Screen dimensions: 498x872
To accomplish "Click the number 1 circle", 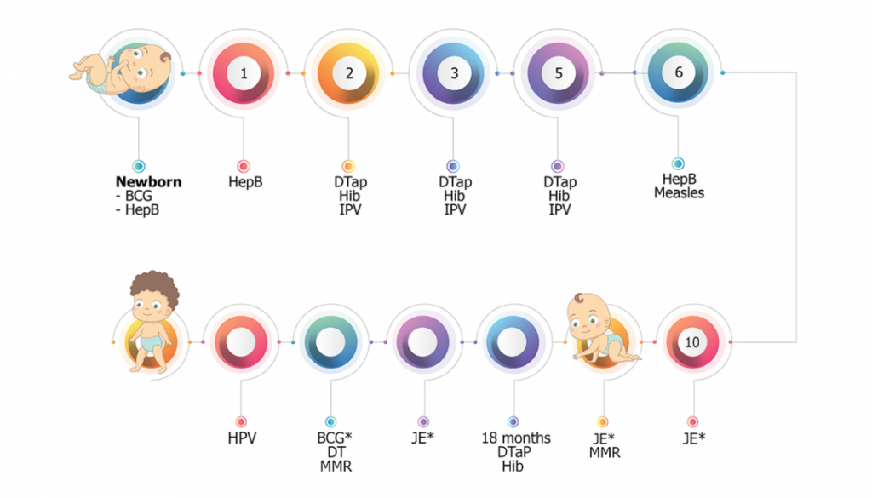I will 244,73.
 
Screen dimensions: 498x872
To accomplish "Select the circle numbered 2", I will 349,73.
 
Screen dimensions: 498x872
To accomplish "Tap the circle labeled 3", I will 454,73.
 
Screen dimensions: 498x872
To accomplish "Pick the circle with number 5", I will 559,73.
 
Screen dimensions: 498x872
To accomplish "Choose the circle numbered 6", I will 679,72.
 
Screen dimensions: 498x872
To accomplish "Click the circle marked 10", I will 692,341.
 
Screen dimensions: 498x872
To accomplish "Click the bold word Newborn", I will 149,182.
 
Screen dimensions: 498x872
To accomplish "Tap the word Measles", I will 679,193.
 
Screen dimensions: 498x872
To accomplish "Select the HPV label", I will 242,438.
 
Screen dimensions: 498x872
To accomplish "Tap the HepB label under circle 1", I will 244,182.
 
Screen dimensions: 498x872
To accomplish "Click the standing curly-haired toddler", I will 152,323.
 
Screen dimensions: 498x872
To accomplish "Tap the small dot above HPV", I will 242,421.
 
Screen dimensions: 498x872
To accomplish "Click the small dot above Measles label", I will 679,163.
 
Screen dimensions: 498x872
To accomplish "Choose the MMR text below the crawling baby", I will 604,453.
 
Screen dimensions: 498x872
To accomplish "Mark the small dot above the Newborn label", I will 138,167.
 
